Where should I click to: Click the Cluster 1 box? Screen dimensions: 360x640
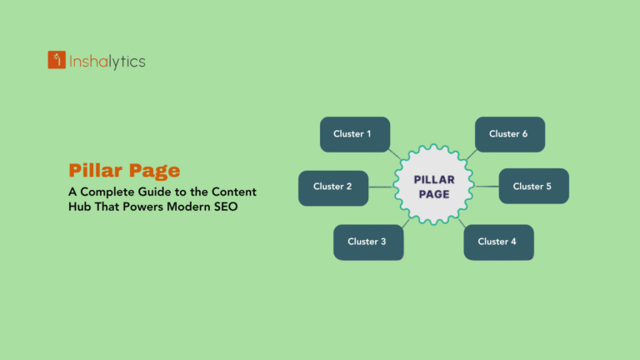[x=355, y=134]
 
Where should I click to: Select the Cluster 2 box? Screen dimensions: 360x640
[x=333, y=187]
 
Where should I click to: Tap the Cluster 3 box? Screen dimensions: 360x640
[x=368, y=242]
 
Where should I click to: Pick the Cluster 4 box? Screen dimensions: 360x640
[x=498, y=242]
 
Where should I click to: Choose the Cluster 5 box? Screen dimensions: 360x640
[x=533, y=187]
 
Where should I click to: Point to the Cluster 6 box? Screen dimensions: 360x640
[x=510, y=134]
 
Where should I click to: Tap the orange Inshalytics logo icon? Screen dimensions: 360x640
[x=57, y=60]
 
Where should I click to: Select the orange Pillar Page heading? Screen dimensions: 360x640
[x=124, y=171]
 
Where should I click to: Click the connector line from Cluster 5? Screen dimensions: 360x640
[x=486, y=187]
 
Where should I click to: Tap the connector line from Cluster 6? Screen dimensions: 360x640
[x=471, y=153]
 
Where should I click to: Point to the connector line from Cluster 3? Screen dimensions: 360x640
[x=404, y=222]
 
